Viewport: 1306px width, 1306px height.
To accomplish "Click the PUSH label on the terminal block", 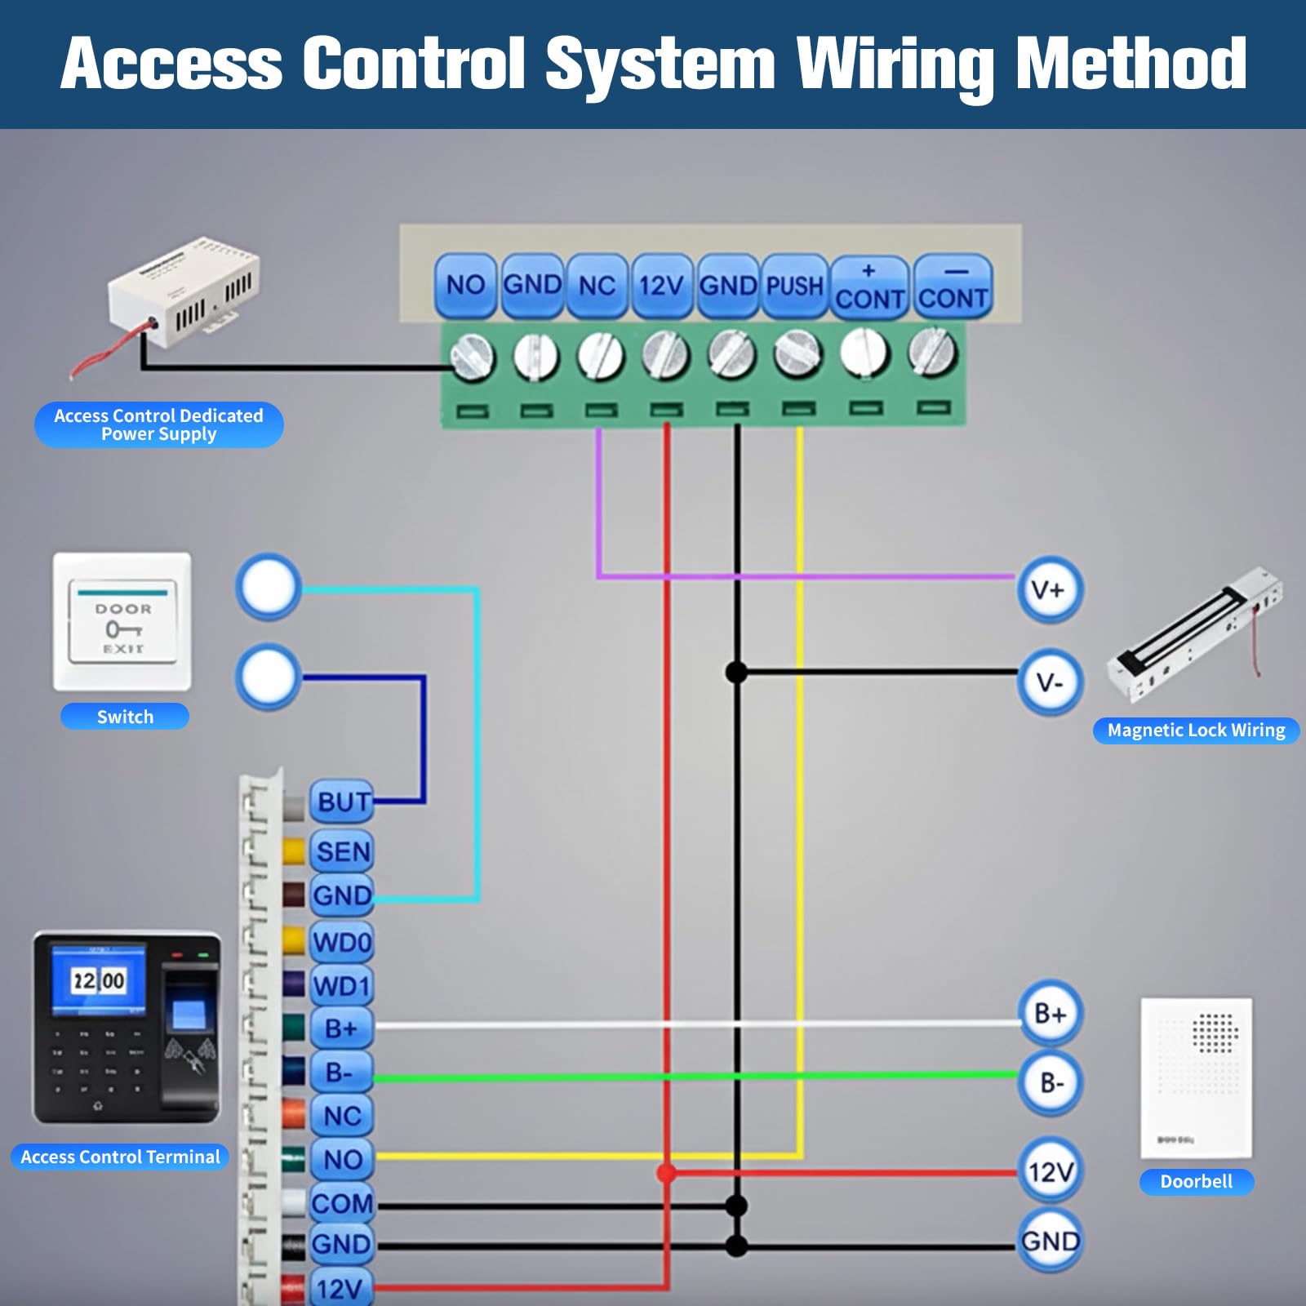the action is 794,286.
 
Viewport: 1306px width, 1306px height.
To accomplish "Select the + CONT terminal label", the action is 869,287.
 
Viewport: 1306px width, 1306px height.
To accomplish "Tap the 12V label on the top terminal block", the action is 661,286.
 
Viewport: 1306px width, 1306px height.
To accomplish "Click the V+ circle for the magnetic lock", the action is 1050,590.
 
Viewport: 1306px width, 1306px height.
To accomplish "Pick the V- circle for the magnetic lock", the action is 1050,682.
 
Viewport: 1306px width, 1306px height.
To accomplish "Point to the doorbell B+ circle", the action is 1051,1014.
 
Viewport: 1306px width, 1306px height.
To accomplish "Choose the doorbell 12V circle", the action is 1051,1172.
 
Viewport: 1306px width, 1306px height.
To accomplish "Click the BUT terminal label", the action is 343,802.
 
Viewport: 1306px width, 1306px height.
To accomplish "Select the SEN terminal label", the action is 343,852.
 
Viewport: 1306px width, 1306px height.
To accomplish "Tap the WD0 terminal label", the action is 343,943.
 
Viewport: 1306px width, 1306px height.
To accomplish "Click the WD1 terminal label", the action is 343,986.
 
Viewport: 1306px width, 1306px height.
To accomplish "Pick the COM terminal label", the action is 343,1203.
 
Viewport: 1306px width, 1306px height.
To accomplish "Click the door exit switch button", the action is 122,622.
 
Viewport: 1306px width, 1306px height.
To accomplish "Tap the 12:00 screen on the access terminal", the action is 98,980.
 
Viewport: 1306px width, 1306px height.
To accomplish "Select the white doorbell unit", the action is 1196,1077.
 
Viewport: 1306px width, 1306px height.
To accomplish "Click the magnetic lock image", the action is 1194,634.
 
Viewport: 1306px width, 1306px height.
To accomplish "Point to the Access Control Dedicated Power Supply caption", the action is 159,424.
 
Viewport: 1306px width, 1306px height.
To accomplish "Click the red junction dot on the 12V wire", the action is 667,1173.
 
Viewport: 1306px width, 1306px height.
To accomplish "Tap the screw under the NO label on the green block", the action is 473,357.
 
